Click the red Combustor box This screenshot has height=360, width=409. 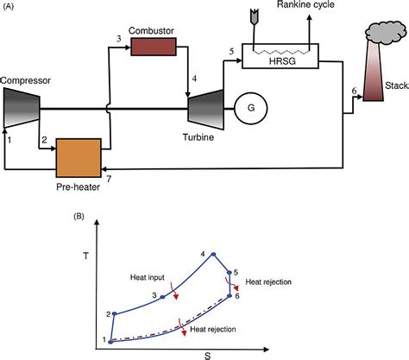(x=154, y=47)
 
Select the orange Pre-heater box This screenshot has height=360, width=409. (x=79, y=158)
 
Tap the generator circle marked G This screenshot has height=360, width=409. (x=251, y=108)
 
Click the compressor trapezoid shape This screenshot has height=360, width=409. (x=22, y=108)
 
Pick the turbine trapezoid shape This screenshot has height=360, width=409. (x=205, y=110)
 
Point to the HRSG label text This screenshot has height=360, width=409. (x=282, y=61)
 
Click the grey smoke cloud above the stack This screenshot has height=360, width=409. (x=386, y=32)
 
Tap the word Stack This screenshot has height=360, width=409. (x=397, y=85)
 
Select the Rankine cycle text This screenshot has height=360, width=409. (x=305, y=4)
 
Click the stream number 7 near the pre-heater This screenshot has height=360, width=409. (x=109, y=179)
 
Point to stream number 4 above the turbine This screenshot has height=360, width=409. (x=194, y=79)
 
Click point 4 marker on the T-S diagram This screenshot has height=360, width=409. (x=213, y=254)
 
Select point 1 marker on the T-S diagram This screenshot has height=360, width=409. (x=110, y=342)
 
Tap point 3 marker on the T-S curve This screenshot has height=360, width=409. (x=162, y=297)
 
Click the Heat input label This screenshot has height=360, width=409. (x=148, y=277)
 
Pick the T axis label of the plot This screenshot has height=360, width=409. (x=85, y=256)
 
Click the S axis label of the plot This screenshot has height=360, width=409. (x=208, y=357)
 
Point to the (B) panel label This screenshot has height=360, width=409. (x=79, y=217)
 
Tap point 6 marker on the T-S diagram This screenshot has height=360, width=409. (x=230, y=295)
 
